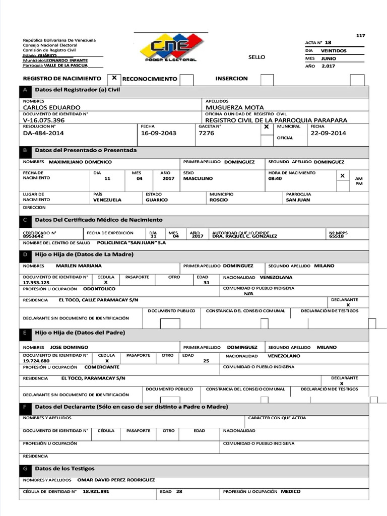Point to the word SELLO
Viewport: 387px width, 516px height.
(x=256, y=57)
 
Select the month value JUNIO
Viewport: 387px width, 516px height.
(x=329, y=58)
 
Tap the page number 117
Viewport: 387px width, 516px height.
(x=360, y=35)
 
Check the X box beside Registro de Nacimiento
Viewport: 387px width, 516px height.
(x=114, y=78)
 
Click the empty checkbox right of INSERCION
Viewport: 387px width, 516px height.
(x=267, y=80)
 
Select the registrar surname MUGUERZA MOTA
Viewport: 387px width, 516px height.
(x=234, y=107)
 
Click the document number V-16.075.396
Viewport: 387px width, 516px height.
(x=44, y=120)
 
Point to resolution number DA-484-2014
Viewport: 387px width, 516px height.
(x=43, y=133)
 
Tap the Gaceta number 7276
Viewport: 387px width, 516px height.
(x=207, y=133)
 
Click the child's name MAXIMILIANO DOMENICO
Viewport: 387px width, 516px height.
(x=80, y=162)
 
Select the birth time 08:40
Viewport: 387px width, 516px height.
(x=275, y=178)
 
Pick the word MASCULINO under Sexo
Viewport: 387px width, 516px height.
(x=198, y=178)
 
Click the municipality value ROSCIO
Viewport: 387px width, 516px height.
(x=219, y=200)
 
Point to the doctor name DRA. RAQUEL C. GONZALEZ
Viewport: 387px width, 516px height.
(x=244, y=236)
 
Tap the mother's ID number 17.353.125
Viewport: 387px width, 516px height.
(x=36, y=283)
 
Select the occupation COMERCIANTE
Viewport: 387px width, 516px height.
(x=102, y=367)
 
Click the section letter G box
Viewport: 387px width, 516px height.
(x=25, y=469)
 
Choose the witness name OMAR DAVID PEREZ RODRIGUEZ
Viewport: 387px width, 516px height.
(x=116, y=480)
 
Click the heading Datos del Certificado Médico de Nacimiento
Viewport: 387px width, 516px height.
(x=99, y=220)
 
